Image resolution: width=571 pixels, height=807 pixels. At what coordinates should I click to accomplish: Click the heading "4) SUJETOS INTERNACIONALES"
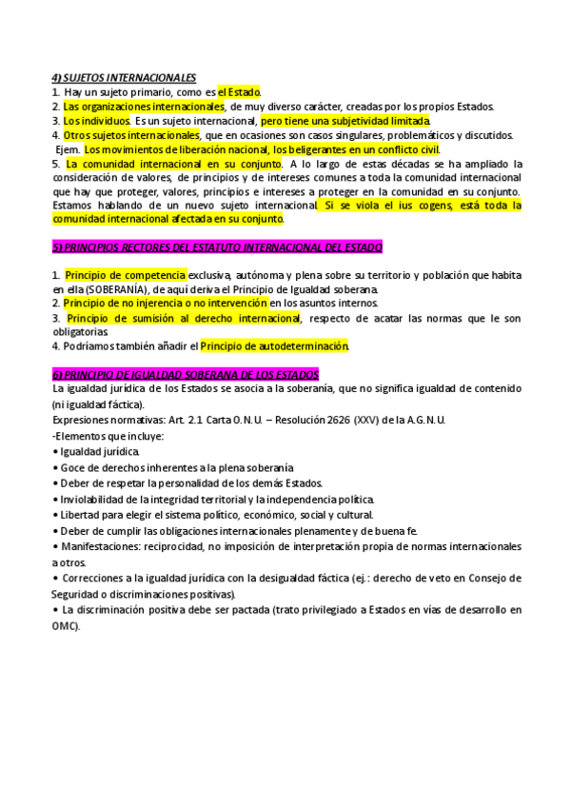[125, 77]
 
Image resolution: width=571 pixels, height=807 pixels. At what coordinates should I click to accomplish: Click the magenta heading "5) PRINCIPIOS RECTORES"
[217, 247]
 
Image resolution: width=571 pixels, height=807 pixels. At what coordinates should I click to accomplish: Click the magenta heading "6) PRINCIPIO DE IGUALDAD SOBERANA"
[186, 375]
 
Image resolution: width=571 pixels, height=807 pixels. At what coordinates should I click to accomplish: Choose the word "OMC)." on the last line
[67, 626]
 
